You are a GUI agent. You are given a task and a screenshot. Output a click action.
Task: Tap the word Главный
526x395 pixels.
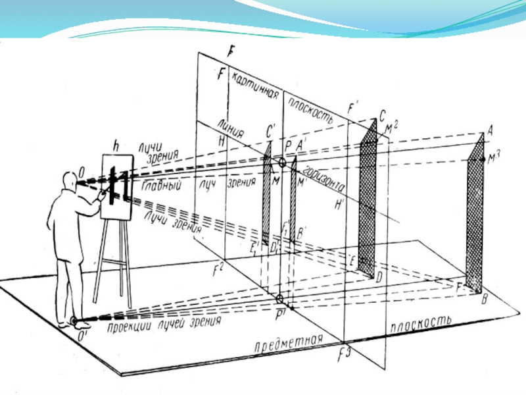[162, 186]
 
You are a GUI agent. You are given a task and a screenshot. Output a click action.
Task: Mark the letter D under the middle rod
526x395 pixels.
[379, 278]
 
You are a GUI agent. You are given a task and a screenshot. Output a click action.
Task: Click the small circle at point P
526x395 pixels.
[283, 161]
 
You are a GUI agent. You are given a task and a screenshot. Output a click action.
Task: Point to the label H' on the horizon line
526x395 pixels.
[339, 204]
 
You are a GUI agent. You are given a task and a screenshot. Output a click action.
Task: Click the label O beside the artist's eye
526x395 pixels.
[81, 173]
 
